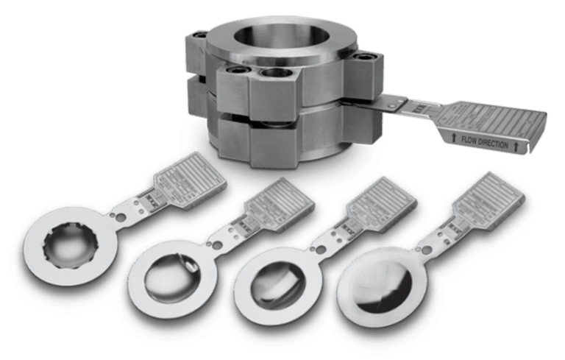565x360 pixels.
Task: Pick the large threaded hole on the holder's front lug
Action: (271, 74)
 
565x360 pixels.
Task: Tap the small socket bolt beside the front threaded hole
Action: (240, 71)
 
